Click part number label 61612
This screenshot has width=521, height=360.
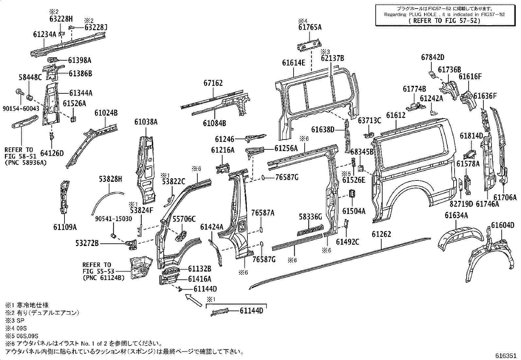tap(396, 115)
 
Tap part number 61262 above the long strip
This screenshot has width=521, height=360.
tap(381, 234)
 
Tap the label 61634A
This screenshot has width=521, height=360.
tap(456, 215)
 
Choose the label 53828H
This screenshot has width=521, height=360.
tap(111, 179)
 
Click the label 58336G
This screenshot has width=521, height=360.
tap(311, 217)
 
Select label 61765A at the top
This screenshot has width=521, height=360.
tap(310, 28)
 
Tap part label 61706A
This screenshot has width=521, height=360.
tap(505, 197)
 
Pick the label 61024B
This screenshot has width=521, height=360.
tap(106, 113)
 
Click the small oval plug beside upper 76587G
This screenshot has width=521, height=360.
tap(263, 178)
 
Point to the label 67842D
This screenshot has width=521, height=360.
tap(432, 58)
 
